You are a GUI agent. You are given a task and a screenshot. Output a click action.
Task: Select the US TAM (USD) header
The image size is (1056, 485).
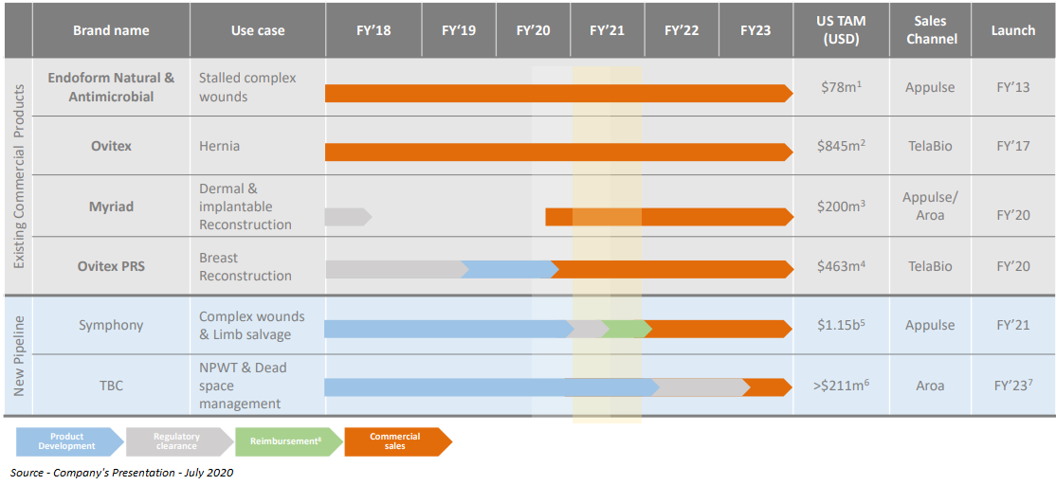pos(840,30)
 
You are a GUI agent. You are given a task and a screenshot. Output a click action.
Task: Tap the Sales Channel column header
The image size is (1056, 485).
pos(931,30)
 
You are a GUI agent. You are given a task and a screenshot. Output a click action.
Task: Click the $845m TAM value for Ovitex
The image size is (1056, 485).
pos(842,147)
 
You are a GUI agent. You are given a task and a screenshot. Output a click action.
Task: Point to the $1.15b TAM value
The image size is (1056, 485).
pos(842,325)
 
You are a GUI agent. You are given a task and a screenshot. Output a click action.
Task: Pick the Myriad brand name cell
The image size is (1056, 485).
pos(111,207)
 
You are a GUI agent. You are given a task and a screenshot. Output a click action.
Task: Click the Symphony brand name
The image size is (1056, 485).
pos(111,325)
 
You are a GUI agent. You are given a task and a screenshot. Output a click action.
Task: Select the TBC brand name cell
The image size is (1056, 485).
pos(111,386)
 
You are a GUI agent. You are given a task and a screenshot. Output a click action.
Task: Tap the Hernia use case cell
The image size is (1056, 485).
pos(219,146)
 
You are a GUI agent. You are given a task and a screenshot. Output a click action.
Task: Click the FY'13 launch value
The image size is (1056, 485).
pos(1012,87)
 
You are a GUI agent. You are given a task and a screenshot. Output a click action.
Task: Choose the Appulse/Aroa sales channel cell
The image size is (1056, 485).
pos(930,207)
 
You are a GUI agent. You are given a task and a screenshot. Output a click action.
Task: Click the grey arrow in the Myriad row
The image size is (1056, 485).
pos(346,217)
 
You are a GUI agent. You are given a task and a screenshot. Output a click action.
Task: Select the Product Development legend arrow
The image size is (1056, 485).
pos(69,441)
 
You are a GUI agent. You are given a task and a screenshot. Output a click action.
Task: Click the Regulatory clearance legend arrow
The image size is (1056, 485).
pos(178,441)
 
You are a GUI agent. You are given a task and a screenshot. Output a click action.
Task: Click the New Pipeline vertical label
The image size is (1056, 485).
pos(18,355)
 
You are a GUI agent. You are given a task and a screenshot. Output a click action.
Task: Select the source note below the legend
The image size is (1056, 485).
pos(121,473)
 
